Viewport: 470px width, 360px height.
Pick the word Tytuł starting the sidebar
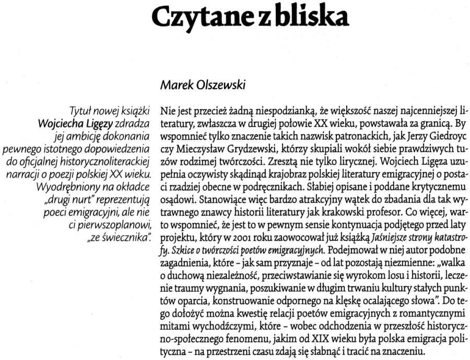[83, 111]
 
